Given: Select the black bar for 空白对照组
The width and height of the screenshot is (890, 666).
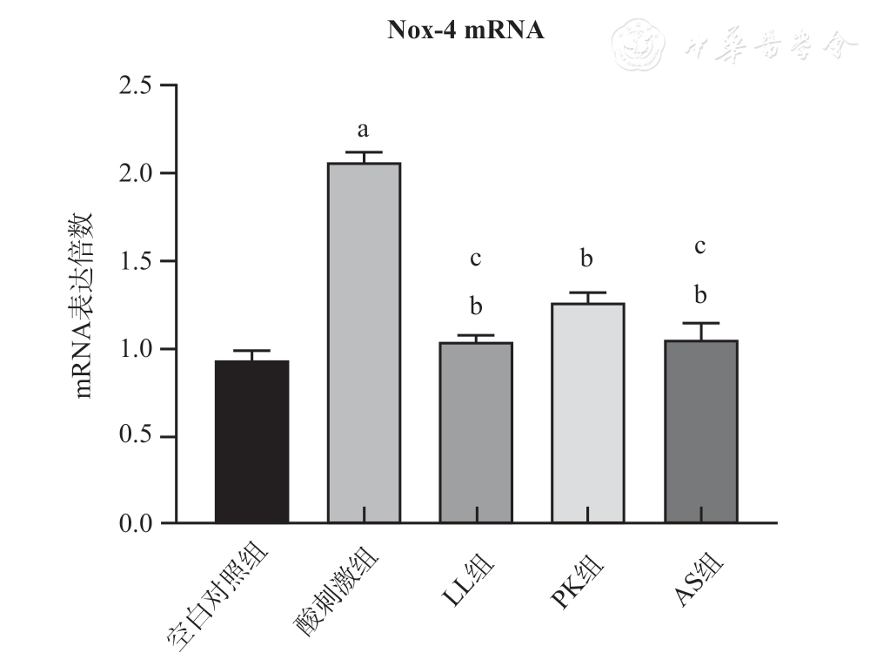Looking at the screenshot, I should coord(251,441).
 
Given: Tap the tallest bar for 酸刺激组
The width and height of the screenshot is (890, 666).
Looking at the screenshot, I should coord(364,343).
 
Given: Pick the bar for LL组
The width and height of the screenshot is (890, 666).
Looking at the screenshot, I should coord(476,433).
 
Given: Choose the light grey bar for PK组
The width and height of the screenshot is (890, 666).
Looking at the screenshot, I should coord(588,413).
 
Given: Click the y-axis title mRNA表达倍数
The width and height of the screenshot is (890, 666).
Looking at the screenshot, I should coord(85,305).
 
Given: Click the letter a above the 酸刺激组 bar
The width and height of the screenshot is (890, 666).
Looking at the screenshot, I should coord(364,131).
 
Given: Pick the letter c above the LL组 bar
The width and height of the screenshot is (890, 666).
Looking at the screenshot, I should coord(476,259).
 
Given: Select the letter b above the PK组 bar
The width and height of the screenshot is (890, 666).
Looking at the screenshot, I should coord(588,259).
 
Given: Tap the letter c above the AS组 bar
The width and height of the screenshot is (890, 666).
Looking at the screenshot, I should coord(700,246).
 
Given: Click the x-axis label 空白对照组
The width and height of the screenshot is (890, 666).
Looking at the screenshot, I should coord(220,601).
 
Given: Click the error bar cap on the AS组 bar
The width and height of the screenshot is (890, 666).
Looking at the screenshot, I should coord(700,323).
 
